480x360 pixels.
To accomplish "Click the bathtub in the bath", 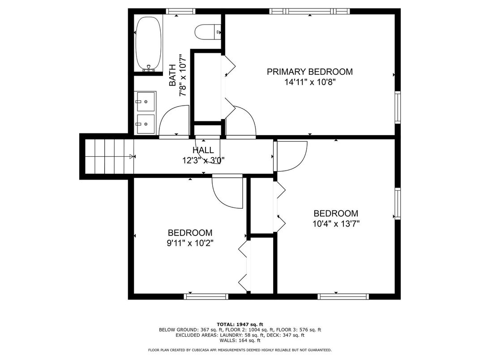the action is click(149, 44).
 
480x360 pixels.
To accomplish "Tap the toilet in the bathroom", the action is click(208, 32).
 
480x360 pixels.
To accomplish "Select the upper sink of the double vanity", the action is click(146, 101).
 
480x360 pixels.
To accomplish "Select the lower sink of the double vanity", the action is click(146, 124).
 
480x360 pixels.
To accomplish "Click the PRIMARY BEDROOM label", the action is click(310, 72).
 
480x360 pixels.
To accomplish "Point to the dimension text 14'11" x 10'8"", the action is click(310, 82).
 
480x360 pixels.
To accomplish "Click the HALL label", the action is click(203, 150).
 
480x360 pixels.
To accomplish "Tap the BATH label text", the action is click(172, 75).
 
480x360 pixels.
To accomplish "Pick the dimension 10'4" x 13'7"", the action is click(336, 224).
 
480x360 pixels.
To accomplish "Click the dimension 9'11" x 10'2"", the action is click(190, 243).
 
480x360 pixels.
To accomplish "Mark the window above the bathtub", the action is click(180, 11).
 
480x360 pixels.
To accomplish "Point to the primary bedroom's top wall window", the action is click(310, 11).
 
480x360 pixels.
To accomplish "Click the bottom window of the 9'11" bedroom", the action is click(206, 296).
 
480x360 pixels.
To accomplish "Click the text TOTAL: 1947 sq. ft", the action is click(240, 324).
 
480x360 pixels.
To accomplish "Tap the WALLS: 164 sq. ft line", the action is click(240, 340).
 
